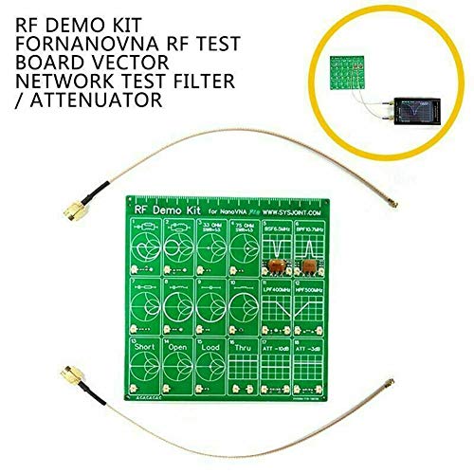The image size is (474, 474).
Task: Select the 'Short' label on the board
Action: coord(146,347)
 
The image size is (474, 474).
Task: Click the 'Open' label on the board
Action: coord(188,347)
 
